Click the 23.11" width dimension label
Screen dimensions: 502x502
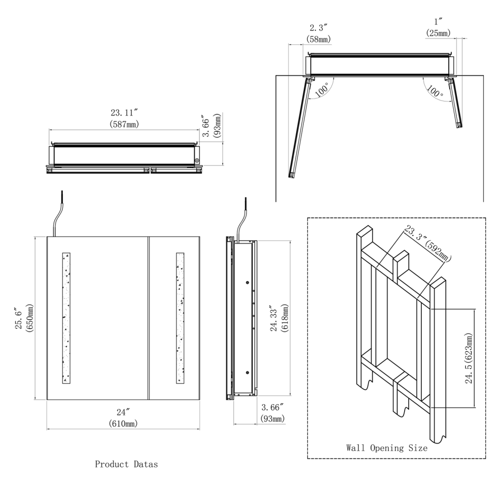tap(124, 112)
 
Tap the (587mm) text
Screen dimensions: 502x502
tap(124, 124)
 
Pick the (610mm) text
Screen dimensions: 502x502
tap(123, 424)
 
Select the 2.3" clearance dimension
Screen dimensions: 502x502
tap(319, 28)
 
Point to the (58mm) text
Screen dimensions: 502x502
tap(319, 39)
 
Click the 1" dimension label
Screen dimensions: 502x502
tap(438, 22)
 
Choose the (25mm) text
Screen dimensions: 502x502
tap(438, 33)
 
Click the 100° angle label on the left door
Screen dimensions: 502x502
tap(322, 89)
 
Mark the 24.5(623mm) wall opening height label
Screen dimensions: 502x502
tap(469, 358)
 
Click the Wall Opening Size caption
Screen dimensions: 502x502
tap(387, 448)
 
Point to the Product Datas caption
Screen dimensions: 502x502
tap(127, 464)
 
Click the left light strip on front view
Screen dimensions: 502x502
tap(66, 318)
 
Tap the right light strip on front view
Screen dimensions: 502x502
tap(180, 318)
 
